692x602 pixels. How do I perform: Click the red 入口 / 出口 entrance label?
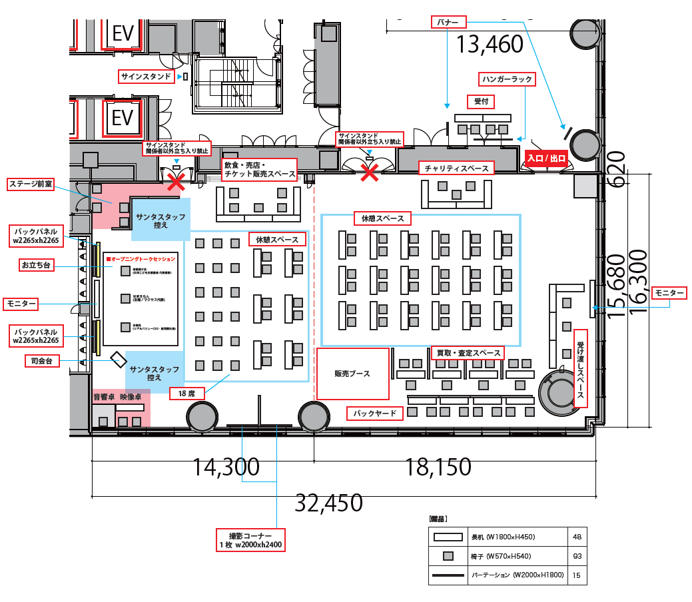(546, 159)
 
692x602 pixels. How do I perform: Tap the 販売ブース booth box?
(352, 374)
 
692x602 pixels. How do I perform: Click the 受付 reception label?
(481, 101)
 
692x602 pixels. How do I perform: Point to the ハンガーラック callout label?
(507, 79)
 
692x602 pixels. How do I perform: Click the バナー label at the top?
(448, 22)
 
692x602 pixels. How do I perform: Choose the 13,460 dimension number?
(490, 44)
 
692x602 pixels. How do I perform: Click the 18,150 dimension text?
(438, 467)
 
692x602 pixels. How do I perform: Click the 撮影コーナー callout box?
(250, 539)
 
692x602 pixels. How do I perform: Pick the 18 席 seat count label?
(186, 393)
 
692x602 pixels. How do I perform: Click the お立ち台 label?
(36, 265)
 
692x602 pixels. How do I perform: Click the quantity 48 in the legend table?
(577, 537)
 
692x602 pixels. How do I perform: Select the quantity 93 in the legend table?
(577, 556)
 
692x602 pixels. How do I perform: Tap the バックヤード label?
(375, 414)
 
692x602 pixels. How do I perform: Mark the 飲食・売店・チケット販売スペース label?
(259, 170)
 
